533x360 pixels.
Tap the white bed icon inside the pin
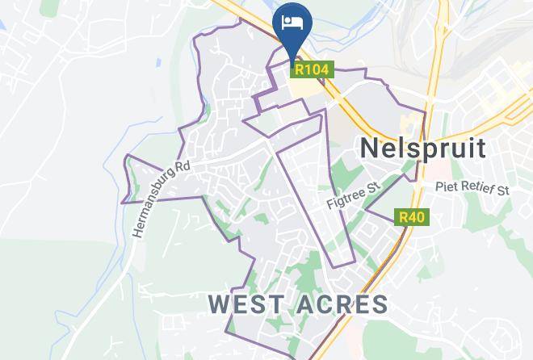point(292,22)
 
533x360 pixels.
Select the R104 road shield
point(311,70)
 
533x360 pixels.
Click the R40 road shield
point(411,217)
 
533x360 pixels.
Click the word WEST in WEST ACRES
point(246,304)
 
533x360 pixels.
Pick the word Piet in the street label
point(447,189)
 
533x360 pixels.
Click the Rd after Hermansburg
point(182,166)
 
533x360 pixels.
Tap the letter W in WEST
point(220,304)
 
